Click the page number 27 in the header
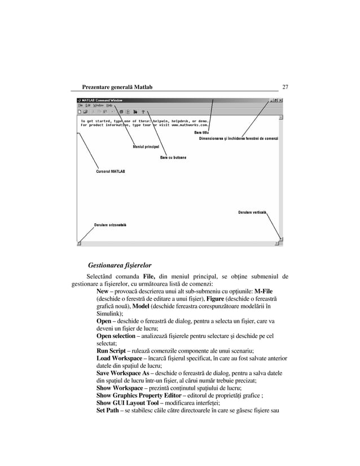285,87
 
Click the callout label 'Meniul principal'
146,147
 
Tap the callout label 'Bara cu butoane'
173,157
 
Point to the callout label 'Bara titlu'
201,132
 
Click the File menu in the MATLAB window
80,105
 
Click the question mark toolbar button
143,112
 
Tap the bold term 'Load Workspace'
119,358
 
